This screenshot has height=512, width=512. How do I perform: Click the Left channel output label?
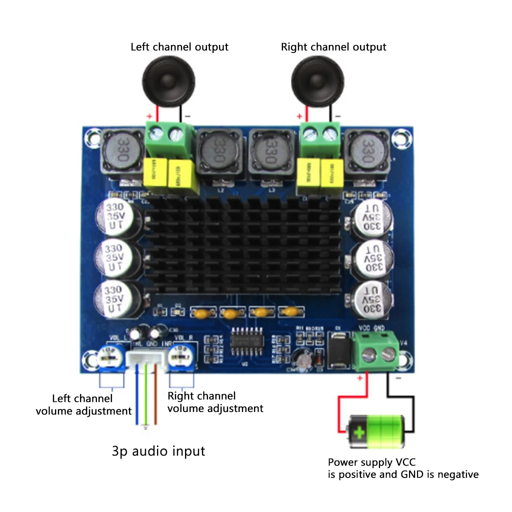tap(179, 47)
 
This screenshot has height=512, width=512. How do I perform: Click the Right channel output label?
tap(333, 47)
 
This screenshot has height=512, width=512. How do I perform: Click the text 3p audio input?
tap(158, 451)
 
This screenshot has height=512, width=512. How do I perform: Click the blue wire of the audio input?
tap(137, 400)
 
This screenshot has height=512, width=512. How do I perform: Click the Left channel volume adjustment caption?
tap(83, 405)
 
